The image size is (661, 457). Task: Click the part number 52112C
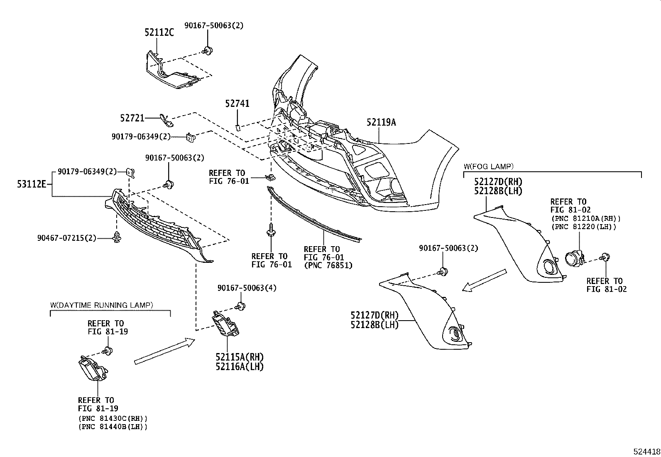click(159, 32)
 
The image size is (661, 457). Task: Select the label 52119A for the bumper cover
click(381, 122)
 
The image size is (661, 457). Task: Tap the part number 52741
click(237, 104)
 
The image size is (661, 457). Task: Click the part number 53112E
click(32, 183)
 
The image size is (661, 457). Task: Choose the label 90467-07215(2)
click(66, 238)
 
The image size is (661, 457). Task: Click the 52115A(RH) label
click(240, 357)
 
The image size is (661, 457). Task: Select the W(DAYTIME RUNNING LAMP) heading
click(101, 305)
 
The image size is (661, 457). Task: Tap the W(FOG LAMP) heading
click(488, 166)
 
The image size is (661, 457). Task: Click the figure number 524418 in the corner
click(646, 452)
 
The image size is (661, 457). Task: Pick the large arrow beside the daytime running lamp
click(164, 351)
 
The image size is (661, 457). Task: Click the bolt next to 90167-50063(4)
click(240, 307)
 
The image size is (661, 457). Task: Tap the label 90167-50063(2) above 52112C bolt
click(214, 25)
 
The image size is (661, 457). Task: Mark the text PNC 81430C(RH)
click(113, 418)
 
